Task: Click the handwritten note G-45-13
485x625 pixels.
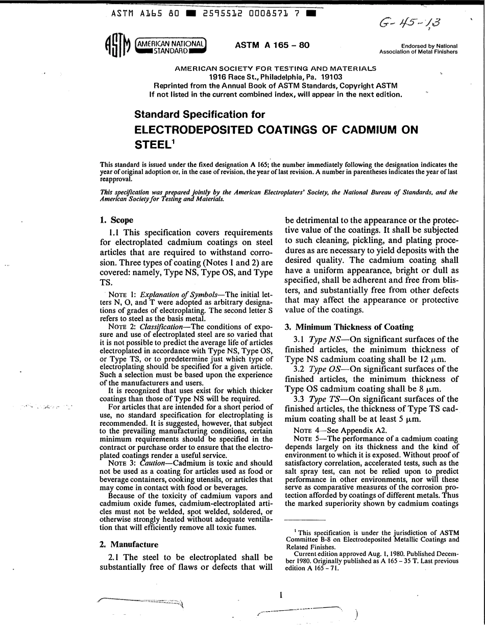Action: click(408, 23)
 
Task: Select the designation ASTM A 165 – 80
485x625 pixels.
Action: click(272, 45)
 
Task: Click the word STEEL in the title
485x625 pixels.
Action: click(151, 145)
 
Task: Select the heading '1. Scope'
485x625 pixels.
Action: click(116, 220)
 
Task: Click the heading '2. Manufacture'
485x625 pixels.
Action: click(129, 544)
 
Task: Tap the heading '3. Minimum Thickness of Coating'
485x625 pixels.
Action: click(349, 327)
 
